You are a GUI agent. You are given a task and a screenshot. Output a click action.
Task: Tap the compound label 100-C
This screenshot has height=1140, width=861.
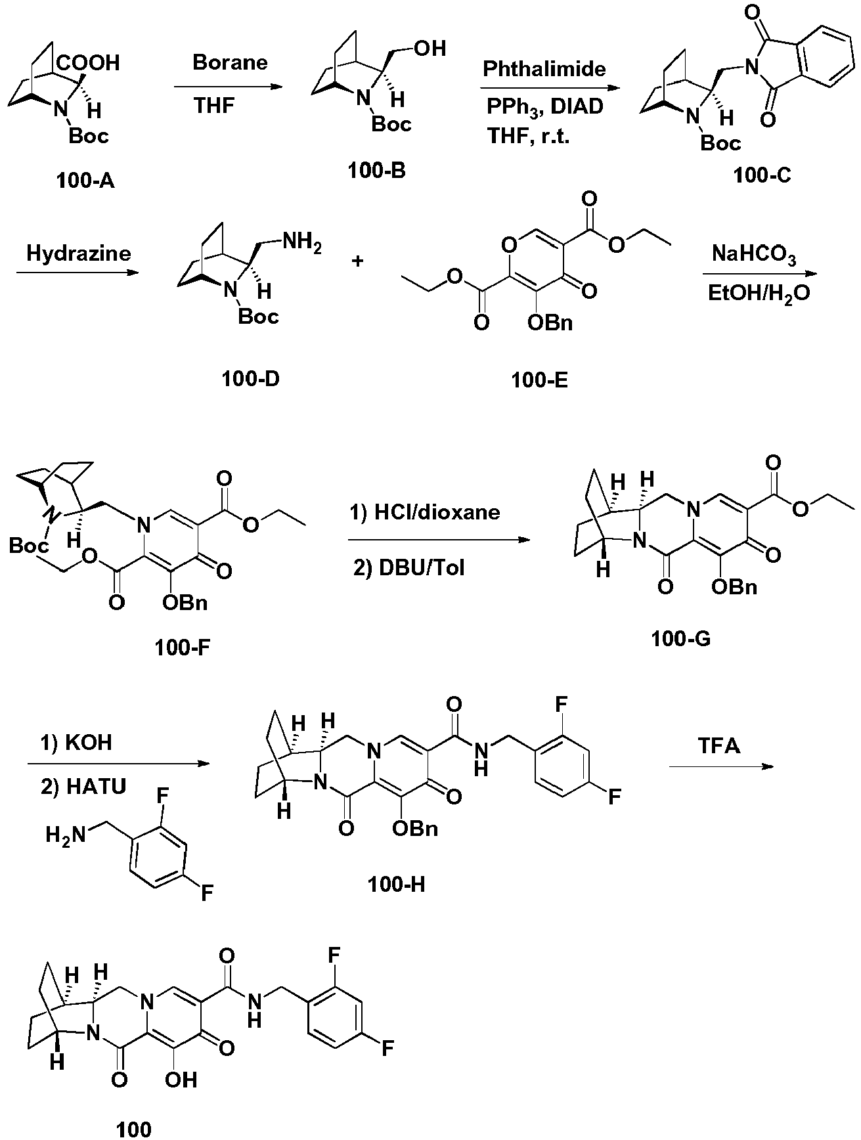click(x=762, y=175)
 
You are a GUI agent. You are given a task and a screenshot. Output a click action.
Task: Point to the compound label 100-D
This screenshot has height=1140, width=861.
click(x=250, y=379)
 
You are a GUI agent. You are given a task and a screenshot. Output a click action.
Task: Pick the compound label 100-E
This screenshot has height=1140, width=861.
click(x=539, y=380)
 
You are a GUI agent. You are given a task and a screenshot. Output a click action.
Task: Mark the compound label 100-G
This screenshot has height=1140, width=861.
click(x=681, y=637)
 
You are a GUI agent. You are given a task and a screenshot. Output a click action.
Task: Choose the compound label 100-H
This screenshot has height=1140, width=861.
click(x=397, y=884)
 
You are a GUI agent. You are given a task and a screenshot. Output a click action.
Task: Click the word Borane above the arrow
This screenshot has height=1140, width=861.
click(x=230, y=62)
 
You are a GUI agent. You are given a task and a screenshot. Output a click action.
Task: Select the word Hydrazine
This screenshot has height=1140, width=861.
click(x=78, y=253)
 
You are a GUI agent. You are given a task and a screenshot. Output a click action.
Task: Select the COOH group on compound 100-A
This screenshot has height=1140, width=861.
click(x=88, y=63)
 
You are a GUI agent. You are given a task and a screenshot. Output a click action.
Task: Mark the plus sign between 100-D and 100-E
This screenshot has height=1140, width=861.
click(x=358, y=261)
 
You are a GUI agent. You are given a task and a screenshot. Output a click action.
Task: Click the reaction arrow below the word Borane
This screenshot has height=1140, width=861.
click(x=223, y=87)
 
